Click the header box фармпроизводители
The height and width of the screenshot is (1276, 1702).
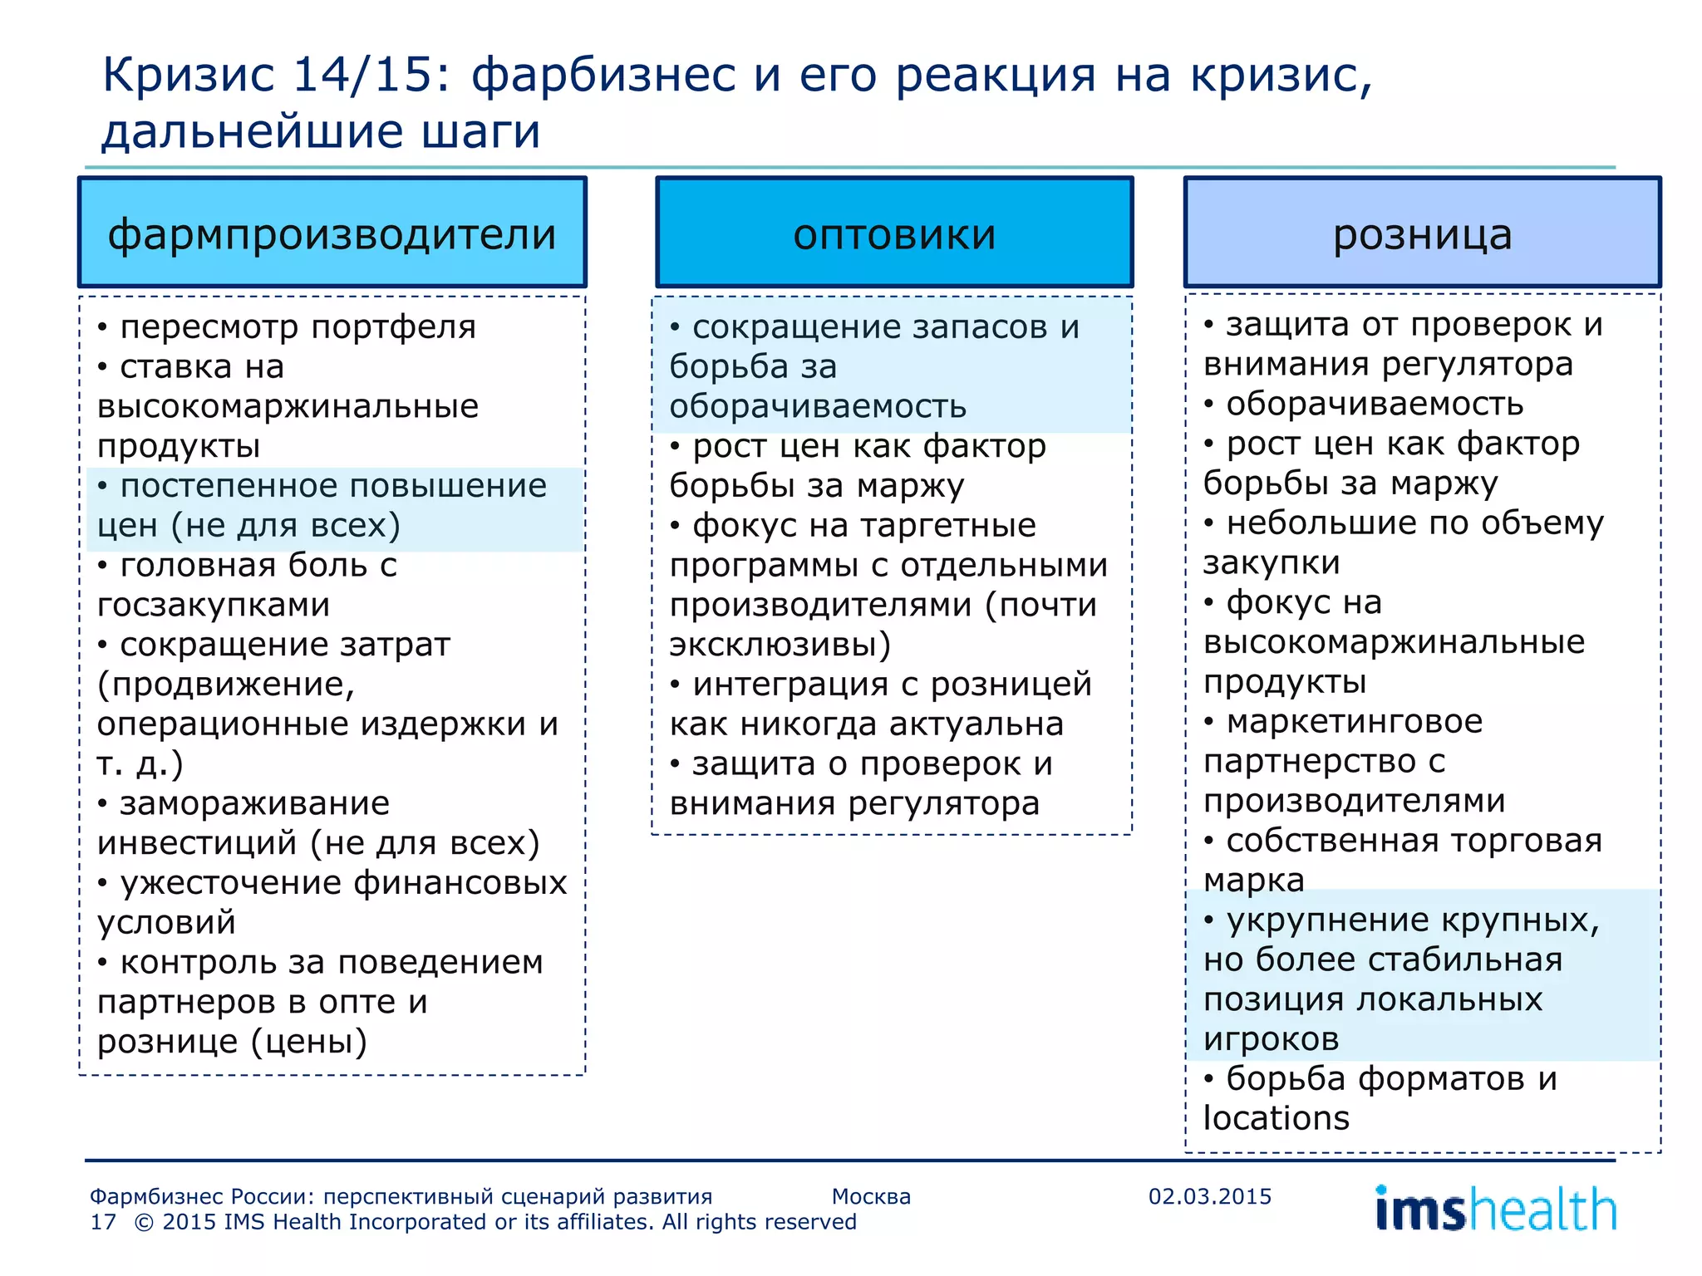[332, 233]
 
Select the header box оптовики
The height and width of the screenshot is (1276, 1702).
[894, 233]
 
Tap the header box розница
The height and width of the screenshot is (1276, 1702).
[1422, 233]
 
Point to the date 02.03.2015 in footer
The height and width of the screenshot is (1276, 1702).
[1209, 1196]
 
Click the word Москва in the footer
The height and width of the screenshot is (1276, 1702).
[871, 1196]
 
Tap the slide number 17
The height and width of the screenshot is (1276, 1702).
[103, 1222]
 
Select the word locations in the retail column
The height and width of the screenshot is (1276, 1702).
[1276, 1118]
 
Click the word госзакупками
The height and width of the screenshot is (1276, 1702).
[214, 605]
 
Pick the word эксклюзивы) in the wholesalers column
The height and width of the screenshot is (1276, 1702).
[780, 645]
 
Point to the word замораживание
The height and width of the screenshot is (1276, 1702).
[254, 803]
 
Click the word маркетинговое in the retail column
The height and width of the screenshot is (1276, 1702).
[1354, 721]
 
